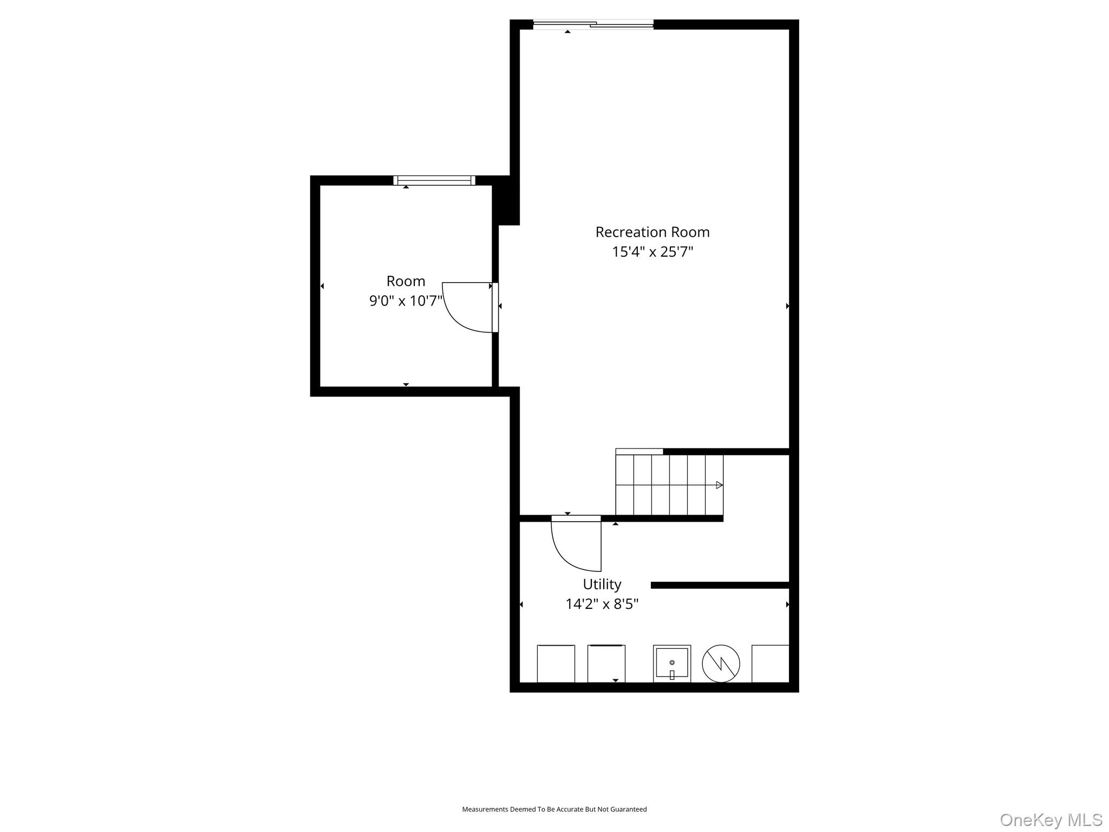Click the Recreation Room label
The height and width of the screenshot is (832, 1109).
pos(652,232)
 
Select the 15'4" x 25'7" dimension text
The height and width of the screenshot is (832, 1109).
pos(652,252)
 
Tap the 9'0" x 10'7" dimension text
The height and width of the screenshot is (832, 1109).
pos(406,301)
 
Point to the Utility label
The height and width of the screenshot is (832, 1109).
pos(602,584)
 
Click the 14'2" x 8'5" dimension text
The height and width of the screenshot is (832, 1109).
pos(602,604)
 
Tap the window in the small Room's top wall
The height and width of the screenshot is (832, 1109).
pos(434,180)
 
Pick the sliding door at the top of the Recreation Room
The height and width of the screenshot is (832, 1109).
pos(593,24)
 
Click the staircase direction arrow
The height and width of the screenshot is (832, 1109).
pos(719,485)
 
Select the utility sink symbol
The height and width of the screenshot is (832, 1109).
pos(671,664)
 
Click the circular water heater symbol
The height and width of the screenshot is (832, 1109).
pos(721,664)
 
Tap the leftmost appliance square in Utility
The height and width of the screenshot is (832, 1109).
pos(556,664)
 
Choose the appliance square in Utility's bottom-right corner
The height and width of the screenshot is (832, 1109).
pos(770,664)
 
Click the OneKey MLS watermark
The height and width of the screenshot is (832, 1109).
pos(1051,820)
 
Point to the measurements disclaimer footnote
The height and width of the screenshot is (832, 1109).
pos(554,809)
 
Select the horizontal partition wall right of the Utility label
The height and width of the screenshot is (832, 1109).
pos(720,585)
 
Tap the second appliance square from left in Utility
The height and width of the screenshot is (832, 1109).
pos(606,664)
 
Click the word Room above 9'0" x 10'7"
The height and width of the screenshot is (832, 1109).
pos(406,281)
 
